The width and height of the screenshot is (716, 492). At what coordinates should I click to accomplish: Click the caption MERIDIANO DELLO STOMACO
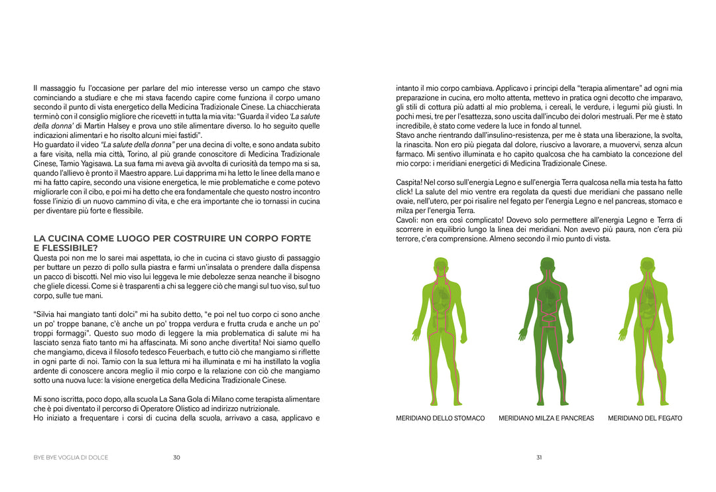(440, 418)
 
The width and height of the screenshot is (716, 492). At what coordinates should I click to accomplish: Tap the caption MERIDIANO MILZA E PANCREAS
(546, 418)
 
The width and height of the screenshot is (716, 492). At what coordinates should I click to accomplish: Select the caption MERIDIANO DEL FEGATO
(644, 418)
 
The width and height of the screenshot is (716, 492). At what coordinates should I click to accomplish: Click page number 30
(176, 458)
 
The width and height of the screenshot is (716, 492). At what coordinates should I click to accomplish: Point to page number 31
(539, 458)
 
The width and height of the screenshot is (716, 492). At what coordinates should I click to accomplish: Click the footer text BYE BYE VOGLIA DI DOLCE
(71, 458)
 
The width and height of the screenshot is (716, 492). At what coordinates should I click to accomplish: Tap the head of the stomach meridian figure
(440, 266)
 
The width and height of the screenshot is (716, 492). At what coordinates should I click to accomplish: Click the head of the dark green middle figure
(546, 266)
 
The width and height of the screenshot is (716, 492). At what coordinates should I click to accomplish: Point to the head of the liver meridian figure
(648, 266)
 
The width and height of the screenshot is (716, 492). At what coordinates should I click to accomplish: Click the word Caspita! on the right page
(409, 182)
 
